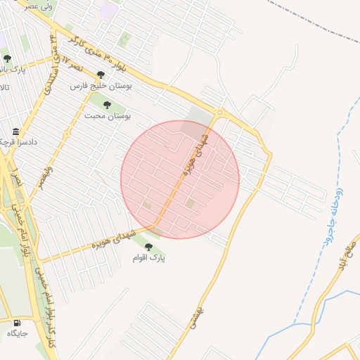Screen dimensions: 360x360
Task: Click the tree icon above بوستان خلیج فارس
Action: click(x=101, y=75)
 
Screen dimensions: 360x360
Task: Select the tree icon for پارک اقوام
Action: click(x=148, y=247)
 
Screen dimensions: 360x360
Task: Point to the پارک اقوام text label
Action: click(x=148, y=258)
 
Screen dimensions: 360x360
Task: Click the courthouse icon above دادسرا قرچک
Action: click(x=15, y=131)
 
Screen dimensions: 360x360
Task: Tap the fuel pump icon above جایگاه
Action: click(x=16, y=323)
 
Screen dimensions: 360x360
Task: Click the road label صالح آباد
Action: click(x=346, y=252)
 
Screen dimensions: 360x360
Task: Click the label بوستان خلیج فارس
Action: click(x=101, y=85)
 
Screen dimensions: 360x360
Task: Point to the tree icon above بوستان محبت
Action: click(x=107, y=105)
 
